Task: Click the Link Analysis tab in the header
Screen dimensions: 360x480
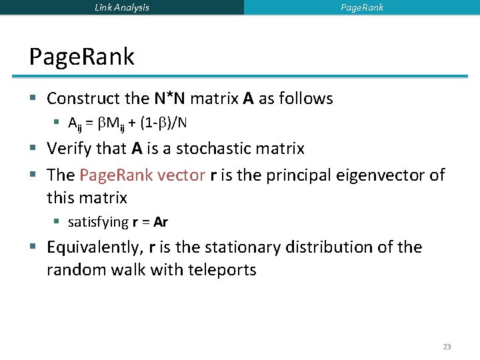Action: pyautogui.click(x=122, y=7)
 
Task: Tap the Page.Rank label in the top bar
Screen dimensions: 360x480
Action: pyautogui.click(x=362, y=7)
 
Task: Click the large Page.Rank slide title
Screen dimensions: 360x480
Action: pyautogui.click(x=81, y=57)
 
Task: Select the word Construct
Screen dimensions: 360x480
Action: pyautogui.click(x=83, y=99)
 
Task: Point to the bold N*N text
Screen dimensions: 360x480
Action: pyautogui.click(x=170, y=99)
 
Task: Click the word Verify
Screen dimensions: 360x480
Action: pyautogui.click(x=68, y=149)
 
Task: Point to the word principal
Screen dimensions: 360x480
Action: pyautogui.click(x=299, y=175)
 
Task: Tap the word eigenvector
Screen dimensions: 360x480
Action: pyautogui.click(x=387, y=175)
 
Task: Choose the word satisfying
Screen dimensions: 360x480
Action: pyautogui.click(x=98, y=222)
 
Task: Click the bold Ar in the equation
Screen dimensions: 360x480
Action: pyautogui.click(x=161, y=222)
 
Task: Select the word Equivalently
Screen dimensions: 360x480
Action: pyautogui.click(x=94, y=247)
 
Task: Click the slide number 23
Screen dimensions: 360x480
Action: pyautogui.click(x=447, y=347)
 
